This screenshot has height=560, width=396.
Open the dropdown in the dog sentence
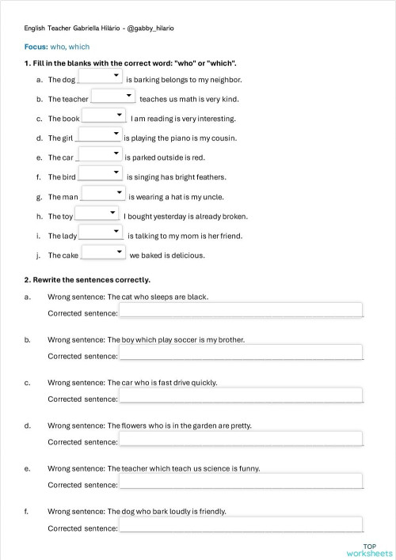(101, 77)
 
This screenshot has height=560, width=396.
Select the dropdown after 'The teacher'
(114, 96)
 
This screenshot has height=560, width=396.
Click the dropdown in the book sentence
(105, 115)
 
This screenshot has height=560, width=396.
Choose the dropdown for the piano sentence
(99, 135)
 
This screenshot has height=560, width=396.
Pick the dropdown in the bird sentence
(101, 174)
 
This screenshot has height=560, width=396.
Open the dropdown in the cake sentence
(104, 252)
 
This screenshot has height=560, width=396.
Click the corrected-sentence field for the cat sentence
(241, 310)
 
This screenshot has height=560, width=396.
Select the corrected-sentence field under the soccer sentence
(241, 353)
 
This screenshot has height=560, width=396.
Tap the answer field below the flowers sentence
(241, 438)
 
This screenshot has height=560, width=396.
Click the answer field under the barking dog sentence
(241, 524)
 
